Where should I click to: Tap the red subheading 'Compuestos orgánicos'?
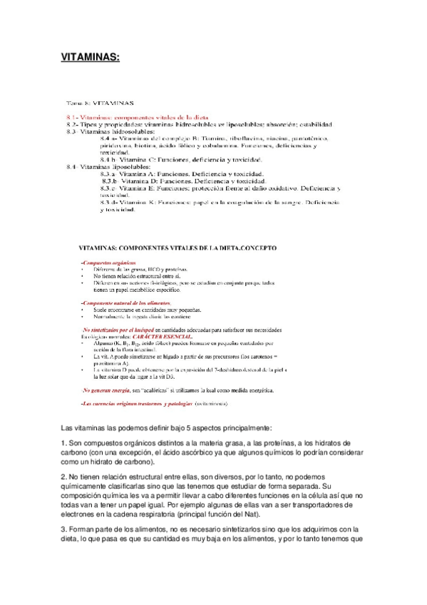click(106, 263)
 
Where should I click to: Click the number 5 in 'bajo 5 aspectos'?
click(185, 428)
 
